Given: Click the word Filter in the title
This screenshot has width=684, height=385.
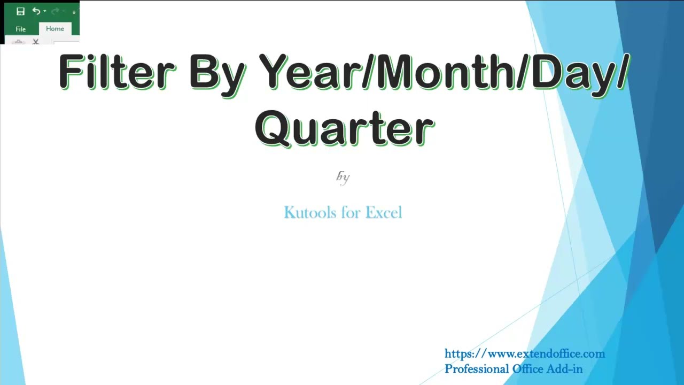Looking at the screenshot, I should [x=117, y=72].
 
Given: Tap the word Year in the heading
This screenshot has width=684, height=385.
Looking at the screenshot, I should [x=309, y=72].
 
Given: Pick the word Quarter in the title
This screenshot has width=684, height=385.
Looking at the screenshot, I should [x=344, y=128].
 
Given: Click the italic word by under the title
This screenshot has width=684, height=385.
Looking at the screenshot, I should [x=343, y=177].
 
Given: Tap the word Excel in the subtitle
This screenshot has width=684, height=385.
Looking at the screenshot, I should [x=383, y=212].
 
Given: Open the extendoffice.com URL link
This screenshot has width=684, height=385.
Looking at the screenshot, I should [x=524, y=353].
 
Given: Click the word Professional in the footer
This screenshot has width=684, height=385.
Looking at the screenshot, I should [x=477, y=369].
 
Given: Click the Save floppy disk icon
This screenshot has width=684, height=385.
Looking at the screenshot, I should [x=20, y=11].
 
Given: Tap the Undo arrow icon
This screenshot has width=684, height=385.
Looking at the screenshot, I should [x=36, y=11].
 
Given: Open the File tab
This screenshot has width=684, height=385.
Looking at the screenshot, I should [x=20, y=29].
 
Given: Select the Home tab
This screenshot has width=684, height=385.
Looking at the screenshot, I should [x=55, y=29].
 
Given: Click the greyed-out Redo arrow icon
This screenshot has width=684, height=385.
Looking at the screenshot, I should [x=55, y=11].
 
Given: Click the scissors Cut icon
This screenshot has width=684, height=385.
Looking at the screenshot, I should [x=36, y=41].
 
